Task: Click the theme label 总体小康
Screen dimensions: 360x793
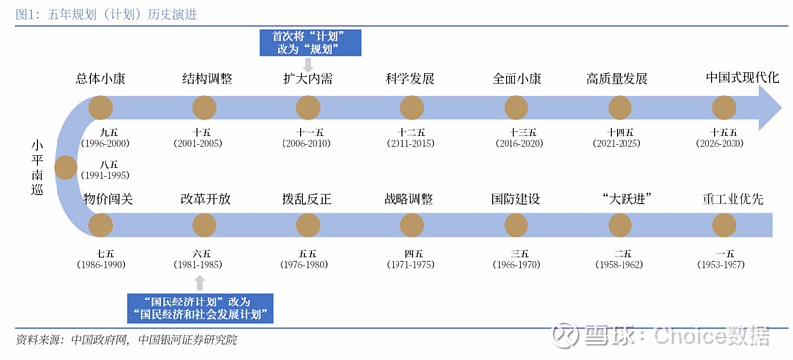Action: click(102, 79)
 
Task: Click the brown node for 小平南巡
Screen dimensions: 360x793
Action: click(65, 167)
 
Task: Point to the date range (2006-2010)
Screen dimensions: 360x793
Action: click(305, 144)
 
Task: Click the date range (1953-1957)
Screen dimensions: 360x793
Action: click(724, 265)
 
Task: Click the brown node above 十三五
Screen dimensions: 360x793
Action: click(515, 107)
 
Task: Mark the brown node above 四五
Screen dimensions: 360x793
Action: click(411, 225)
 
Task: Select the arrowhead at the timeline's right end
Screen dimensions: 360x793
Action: click(768, 107)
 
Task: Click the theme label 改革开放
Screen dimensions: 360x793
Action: click(206, 199)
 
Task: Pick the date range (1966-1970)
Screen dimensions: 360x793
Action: click(516, 265)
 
